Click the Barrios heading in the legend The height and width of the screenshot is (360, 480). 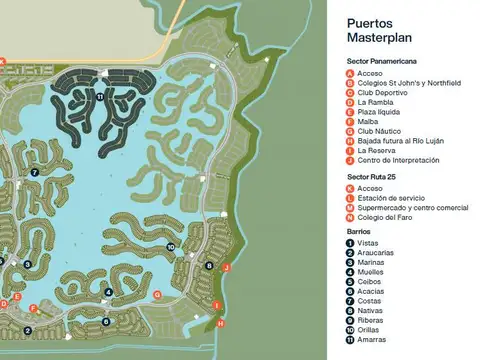point(356,231)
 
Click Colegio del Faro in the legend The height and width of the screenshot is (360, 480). point(385,217)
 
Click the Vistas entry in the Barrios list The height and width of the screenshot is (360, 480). point(367,243)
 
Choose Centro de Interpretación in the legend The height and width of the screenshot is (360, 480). point(397,160)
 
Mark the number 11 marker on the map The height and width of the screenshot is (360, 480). point(100,96)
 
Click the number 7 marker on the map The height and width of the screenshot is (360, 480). point(34,172)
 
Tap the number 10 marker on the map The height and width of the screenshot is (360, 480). point(171,246)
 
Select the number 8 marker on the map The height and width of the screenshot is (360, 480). point(208,265)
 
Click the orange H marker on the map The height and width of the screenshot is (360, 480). point(220,322)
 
